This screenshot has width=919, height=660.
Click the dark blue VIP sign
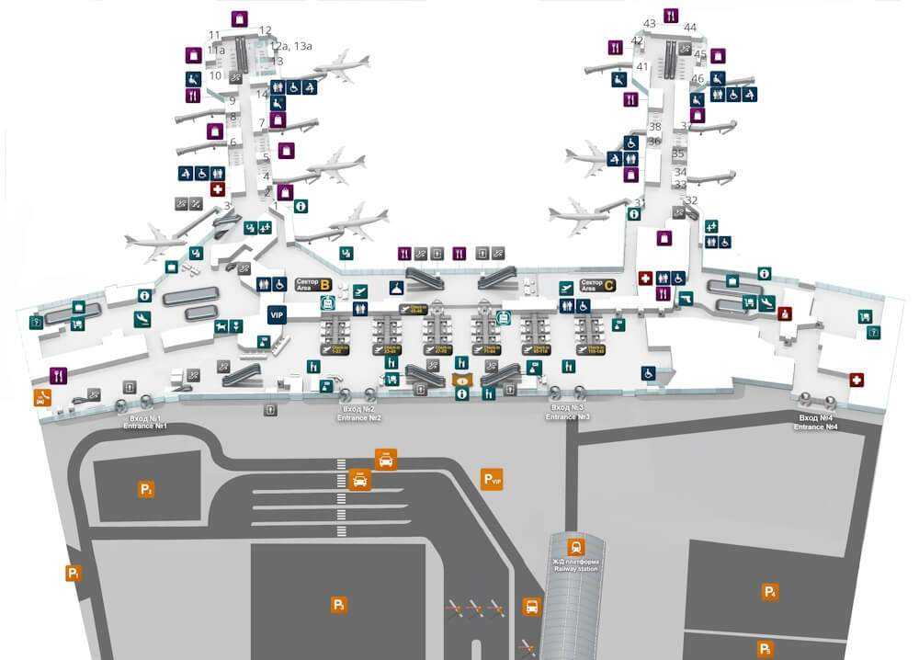pyautogui.click(x=277, y=315)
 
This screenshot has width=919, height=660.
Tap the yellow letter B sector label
pyautogui.click(x=324, y=285)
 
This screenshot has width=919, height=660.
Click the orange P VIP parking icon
pyautogui.click(x=493, y=479)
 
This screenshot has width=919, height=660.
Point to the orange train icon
pyautogui.click(x=576, y=547)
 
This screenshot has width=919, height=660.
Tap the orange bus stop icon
pyautogui.click(x=531, y=607)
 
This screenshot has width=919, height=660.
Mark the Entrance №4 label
pyautogui.click(x=816, y=422)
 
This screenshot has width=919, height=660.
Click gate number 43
pyautogui.click(x=650, y=24)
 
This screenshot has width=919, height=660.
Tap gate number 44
pyautogui.click(x=690, y=28)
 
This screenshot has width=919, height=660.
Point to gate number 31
pyautogui.click(x=641, y=203)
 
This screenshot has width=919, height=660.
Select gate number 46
pyautogui.click(x=698, y=79)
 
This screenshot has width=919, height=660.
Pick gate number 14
pyautogui.click(x=262, y=95)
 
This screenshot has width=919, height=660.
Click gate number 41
pyautogui.click(x=642, y=67)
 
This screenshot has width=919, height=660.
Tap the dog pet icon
pyautogui.click(x=221, y=326)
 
